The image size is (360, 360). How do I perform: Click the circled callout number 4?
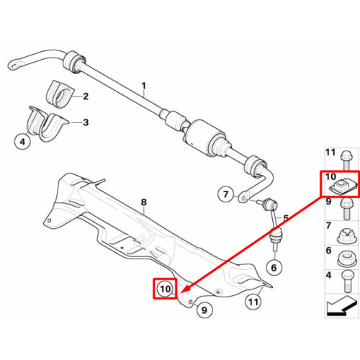pos(22,142)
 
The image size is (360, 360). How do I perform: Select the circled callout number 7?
pos(225,194)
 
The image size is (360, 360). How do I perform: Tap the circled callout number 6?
pos(274,268)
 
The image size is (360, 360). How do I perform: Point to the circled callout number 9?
pos(204,310)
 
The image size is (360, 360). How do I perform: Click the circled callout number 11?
pos(253,302)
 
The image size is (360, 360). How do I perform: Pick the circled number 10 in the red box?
pos(165,289)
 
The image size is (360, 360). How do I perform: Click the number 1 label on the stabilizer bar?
pos(143,86)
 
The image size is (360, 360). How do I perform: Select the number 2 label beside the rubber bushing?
pos(86,96)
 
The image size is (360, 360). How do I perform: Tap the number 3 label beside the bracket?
pos(86,122)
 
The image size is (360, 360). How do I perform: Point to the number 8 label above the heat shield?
pos(143,202)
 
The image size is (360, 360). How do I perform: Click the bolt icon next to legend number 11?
pos(346,160)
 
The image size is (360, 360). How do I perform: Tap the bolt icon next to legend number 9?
pos(346,209)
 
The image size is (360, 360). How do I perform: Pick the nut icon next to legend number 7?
pos(345,236)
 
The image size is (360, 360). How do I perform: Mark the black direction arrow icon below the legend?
pos(341,307)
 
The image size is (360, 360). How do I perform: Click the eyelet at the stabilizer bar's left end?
pos(17,64)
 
